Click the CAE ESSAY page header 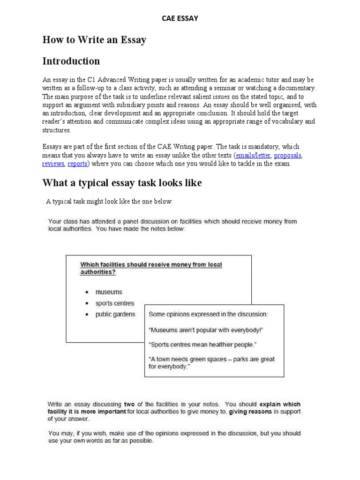point(180,18)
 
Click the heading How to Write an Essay point(94,40)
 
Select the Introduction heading point(71,61)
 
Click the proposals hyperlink point(288,155)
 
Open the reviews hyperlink point(53,164)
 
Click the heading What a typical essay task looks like point(122,183)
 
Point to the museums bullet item point(109,292)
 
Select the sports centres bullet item point(114,303)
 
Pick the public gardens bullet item point(115,315)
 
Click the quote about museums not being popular point(206,330)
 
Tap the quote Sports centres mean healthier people point(203,345)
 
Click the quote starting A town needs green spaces point(211,363)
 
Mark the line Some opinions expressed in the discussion point(209,314)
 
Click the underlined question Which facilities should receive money point(151,268)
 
